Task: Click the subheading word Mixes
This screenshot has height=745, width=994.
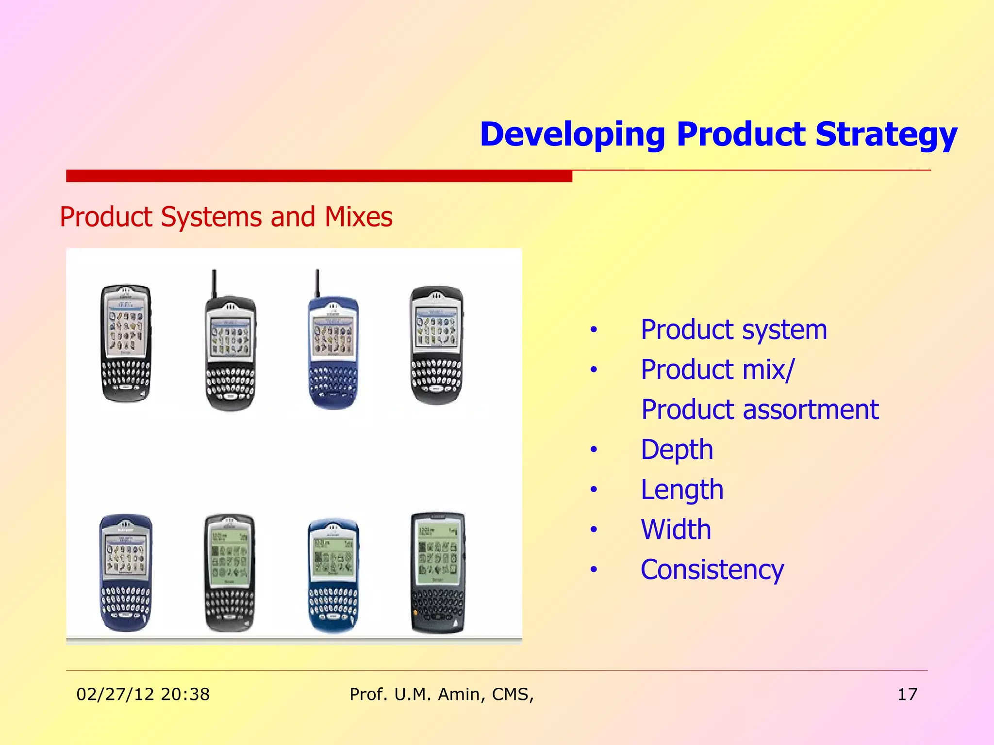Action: [x=358, y=217]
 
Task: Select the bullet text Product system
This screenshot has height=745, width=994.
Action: [x=733, y=330]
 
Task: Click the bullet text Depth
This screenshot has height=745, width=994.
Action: [x=677, y=450]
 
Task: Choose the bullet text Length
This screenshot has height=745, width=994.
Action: [x=681, y=489]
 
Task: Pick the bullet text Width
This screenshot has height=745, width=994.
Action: [x=676, y=529]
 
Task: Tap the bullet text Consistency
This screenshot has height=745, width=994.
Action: [x=712, y=569]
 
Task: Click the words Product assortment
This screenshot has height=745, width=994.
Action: [x=760, y=409]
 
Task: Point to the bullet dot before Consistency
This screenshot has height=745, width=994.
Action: [x=594, y=570]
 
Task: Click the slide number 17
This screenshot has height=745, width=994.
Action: [x=907, y=694]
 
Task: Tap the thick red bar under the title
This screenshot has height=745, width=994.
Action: [x=319, y=176]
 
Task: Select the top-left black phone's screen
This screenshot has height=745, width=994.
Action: [x=125, y=328]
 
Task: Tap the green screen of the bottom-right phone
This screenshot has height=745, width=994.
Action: [x=437, y=553]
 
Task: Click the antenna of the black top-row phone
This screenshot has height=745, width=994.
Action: [x=214, y=284]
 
